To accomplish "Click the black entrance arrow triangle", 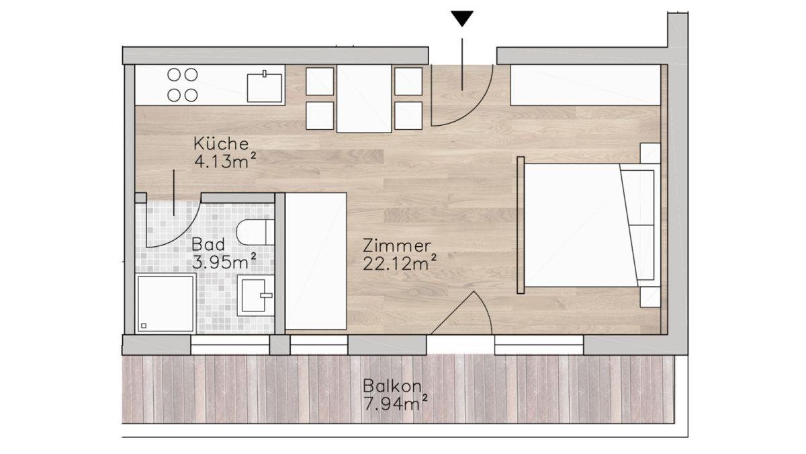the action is (462, 18).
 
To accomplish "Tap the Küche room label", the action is (221, 144).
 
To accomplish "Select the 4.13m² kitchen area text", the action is (225, 161).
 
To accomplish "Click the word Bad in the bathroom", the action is (208, 244).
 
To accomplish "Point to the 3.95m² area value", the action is (224, 261).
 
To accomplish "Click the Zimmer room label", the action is (396, 245).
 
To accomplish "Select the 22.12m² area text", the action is (400, 263).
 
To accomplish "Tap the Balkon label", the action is (392, 386).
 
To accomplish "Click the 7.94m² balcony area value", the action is (396, 403).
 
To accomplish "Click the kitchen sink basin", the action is (265, 87).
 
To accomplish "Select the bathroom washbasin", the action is (255, 295).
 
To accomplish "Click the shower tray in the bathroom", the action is (165, 303).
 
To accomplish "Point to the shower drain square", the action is (144, 326).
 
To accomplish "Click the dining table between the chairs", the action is (364, 98).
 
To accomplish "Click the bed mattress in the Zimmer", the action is (580, 225).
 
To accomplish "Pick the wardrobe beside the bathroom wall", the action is (316, 261).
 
